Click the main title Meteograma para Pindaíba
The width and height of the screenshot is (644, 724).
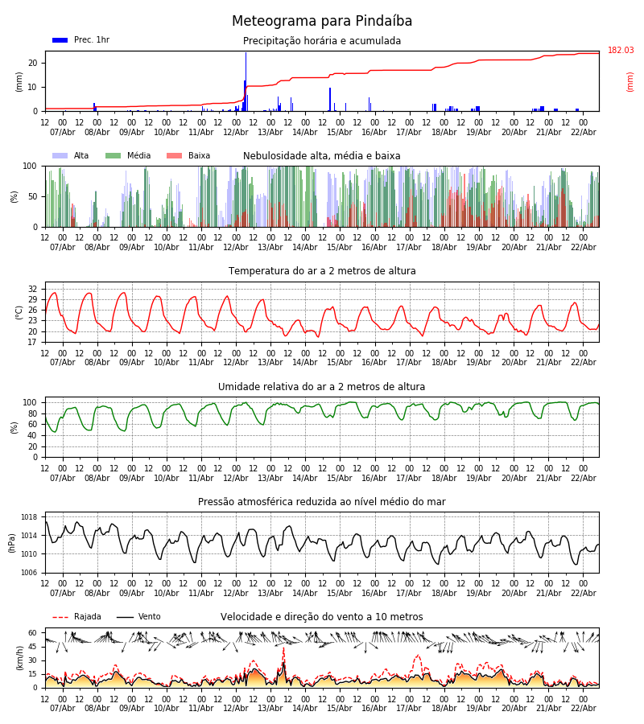click(x=322, y=22)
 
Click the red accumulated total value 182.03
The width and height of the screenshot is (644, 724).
click(x=621, y=51)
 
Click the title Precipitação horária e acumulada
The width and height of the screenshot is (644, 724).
click(x=322, y=41)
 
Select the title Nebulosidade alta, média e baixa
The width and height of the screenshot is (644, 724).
click(x=322, y=156)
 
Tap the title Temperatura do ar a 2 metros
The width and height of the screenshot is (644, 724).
click(x=322, y=271)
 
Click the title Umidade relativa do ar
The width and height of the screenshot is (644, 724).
click(x=322, y=387)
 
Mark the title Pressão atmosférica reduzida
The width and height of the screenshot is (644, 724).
click(x=322, y=502)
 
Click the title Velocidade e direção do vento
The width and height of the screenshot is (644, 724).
click(x=322, y=617)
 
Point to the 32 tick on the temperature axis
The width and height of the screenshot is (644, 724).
click(x=33, y=289)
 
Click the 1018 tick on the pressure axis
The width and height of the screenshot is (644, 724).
click(x=30, y=517)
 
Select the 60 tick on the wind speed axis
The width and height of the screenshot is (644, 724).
click(x=33, y=633)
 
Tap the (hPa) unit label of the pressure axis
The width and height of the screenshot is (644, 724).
click(x=12, y=543)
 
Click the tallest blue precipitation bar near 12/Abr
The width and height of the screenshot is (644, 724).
click(x=246, y=80)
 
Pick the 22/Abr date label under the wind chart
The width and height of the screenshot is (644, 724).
click(x=584, y=708)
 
